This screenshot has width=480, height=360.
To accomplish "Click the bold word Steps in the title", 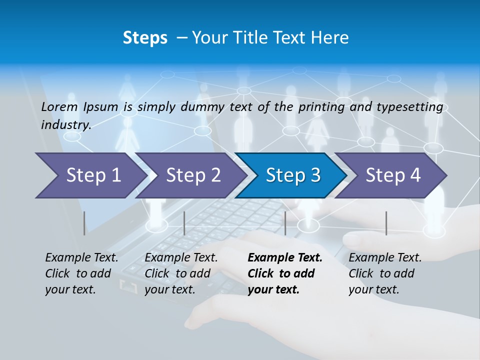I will coord(145,38).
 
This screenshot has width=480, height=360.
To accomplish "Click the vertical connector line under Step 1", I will coord(84,223).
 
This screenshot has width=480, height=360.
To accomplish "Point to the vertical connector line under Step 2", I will coord(184,223).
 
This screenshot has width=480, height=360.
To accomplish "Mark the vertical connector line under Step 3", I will coord(285,223).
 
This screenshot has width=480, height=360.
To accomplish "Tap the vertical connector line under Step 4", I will coord(386,223).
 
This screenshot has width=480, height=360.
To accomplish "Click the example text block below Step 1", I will coord(81,273).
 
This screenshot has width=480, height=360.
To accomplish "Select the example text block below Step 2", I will coord(181,273).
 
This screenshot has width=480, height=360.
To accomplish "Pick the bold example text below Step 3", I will coord(285,273).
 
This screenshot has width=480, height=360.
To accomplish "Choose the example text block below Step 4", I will coord(385,273).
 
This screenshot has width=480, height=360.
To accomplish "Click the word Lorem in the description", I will coord(59,106).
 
